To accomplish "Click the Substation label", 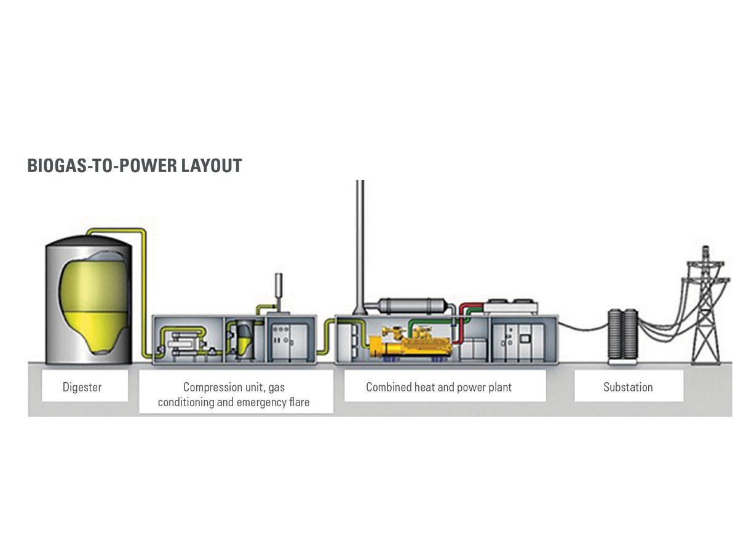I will (628, 387).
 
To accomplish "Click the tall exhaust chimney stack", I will (360, 246).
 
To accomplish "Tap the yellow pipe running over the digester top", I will (117, 231).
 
